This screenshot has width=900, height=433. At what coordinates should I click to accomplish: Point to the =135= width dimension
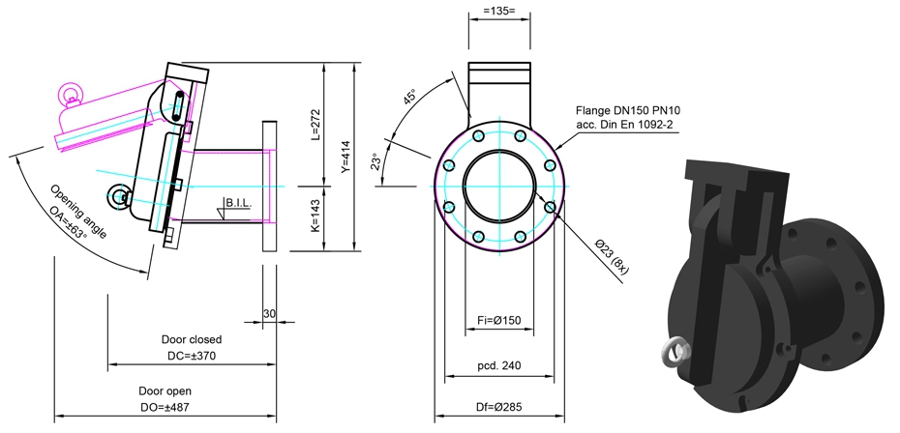pyautogui.click(x=499, y=11)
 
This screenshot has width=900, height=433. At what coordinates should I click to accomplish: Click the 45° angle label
pyautogui.click(x=409, y=97)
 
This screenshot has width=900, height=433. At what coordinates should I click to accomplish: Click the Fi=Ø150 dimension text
pyautogui.click(x=499, y=320)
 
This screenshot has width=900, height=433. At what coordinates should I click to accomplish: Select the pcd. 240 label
pyautogui.click(x=499, y=365)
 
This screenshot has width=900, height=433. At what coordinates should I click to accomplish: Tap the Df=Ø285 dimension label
pyautogui.click(x=499, y=407)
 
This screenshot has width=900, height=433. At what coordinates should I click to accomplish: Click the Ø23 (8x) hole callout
pyautogui.click(x=613, y=257)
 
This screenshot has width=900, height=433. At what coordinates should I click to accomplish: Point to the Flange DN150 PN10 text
pyautogui.click(x=628, y=110)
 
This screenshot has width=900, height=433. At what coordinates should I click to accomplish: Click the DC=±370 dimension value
pyautogui.click(x=192, y=356)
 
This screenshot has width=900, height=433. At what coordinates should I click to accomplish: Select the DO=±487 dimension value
pyautogui.click(x=165, y=407)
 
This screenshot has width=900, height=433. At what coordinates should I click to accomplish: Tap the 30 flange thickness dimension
pyautogui.click(x=269, y=314)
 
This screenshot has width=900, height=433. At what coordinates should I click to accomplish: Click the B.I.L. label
pyautogui.click(x=239, y=204)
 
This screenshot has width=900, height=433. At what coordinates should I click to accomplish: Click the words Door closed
pyautogui.click(x=192, y=339)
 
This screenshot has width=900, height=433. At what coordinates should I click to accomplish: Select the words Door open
pyautogui.click(x=165, y=391)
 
